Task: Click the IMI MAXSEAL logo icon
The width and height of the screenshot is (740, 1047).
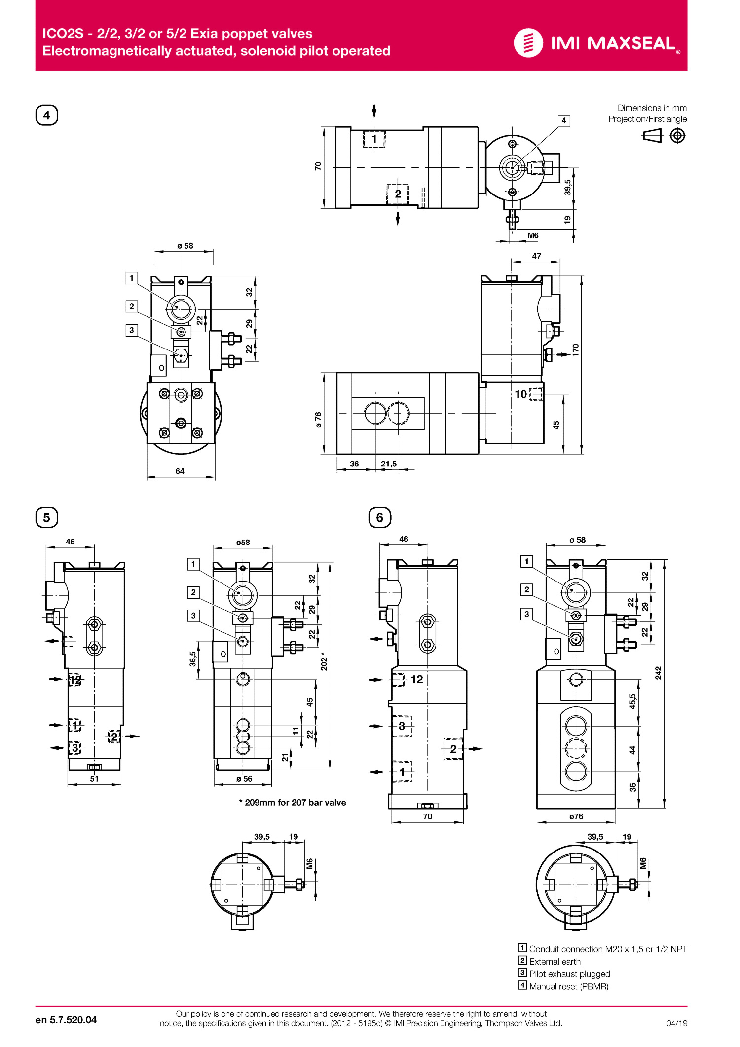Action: coord(528,43)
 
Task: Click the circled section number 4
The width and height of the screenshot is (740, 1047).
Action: coord(47,116)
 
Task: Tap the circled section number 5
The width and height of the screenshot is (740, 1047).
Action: coord(47,518)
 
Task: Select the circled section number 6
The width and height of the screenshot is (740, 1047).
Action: coord(380,518)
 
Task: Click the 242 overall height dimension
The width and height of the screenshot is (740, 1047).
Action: coord(658,673)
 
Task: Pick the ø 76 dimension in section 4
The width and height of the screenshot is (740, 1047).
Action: coord(318,419)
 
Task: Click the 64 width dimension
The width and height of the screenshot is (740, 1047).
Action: coord(180,471)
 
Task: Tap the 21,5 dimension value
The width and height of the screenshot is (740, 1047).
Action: coord(389,464)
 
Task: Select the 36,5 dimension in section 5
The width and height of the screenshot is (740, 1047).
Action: coord(193,659)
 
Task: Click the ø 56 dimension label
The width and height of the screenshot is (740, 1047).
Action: coord(244,779)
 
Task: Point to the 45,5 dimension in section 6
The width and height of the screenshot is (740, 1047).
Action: coord(633,701)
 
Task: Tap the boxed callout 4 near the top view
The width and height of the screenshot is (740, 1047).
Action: coord(564,121)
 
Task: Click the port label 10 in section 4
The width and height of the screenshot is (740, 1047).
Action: coord(521,394)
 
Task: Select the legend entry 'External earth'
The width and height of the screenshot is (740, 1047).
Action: coord(555,962)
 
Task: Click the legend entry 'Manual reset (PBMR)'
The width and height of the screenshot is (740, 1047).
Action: coord(568,986)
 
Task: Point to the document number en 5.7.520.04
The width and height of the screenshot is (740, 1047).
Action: coord(66,1020)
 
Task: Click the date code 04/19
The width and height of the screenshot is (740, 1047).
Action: coord(676,1023)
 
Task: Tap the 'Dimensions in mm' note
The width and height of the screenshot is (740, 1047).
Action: coord(652,108)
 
